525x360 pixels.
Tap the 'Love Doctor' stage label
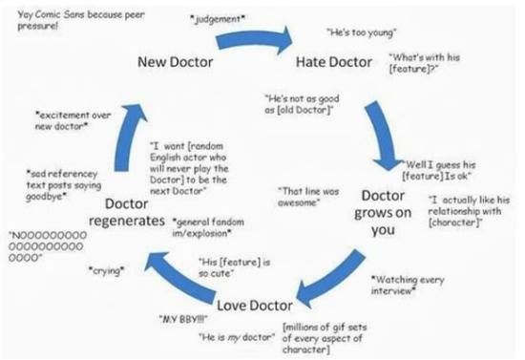(x=256, y=306)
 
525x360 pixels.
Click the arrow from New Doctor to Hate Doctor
(x=255, y=40)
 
